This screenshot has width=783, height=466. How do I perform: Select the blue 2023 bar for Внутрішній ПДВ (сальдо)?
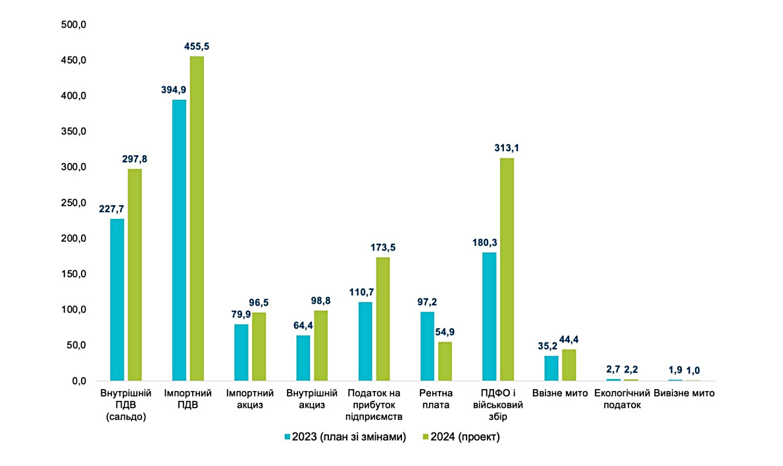[117, 299]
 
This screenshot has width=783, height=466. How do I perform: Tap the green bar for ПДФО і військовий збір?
[507, 269]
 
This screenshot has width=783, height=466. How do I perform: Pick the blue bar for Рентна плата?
[427, 346]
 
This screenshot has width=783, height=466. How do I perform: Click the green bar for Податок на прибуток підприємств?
[383, 319]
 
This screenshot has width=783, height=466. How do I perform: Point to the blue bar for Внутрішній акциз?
[303, 358]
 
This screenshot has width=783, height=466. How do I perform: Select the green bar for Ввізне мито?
[569, 365]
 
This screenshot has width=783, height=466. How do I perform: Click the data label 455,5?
[196, 47]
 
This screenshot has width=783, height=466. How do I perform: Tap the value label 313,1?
[507, 149]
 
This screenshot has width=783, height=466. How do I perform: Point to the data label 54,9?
[445, 332]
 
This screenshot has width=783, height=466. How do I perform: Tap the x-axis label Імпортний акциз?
[245, 399]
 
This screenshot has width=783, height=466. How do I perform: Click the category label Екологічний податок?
[622, 399]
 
